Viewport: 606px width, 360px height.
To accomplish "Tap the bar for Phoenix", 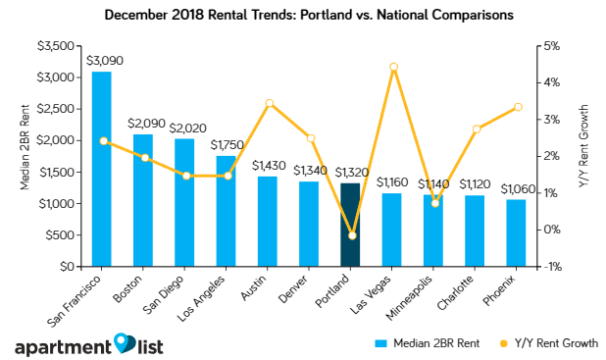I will (x=516, y=232).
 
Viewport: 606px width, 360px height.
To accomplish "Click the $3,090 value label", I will (x=101, y=62).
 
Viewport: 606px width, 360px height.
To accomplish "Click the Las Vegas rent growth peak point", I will (x=392, y=67).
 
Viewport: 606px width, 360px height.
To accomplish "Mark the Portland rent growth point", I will (x=351, y=235).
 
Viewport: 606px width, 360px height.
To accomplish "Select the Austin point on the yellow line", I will (x=268, y=103).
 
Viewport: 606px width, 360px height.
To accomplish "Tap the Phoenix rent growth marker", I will (x=517, y=107).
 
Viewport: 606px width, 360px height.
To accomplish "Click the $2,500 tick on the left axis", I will (x=54, y=109).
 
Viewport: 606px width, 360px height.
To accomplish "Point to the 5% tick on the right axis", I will (x=552, y=46).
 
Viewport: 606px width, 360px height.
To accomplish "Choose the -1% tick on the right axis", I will (x=552, y=267).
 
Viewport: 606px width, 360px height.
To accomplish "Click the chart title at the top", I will (x=303, y=16).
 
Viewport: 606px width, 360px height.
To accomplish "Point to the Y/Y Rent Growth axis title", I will (x=585, y=156).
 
